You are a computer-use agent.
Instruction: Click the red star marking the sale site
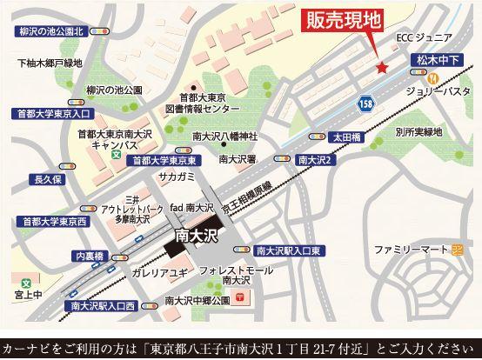[x=379, y=68]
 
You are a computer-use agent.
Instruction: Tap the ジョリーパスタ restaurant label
[x=440, y=90]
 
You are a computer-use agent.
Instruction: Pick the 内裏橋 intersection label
[x=91, y=257]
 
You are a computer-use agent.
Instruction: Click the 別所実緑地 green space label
[x=418, y=133]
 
